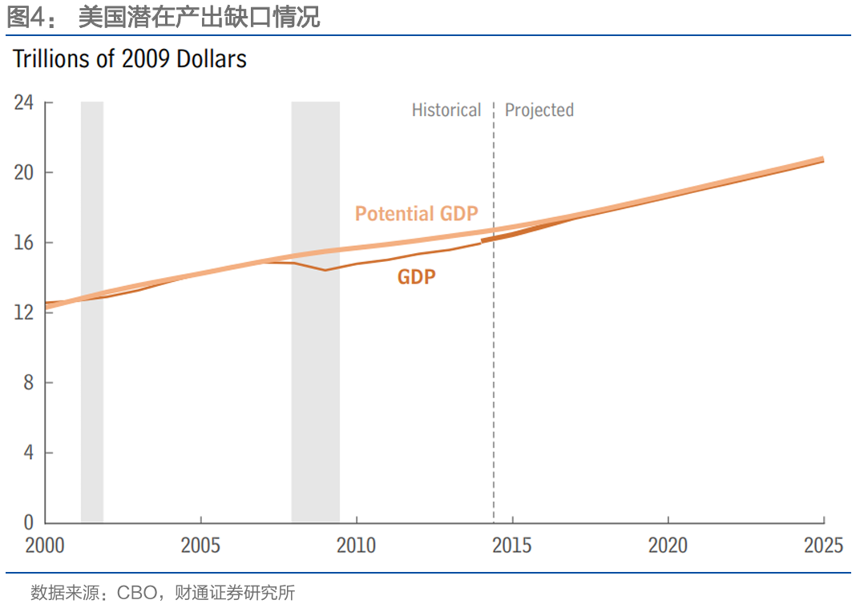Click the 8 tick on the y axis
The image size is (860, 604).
28,383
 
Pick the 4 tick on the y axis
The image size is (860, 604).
28,453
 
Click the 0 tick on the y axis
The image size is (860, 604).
28,522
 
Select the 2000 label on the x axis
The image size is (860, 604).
45,546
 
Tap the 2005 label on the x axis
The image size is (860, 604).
200,546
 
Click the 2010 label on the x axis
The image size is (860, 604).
356,546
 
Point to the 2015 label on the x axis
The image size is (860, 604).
511,546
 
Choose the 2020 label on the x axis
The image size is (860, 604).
668,546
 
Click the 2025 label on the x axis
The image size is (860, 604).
823,546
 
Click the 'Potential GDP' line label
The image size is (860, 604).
416,214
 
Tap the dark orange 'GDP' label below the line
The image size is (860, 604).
417,277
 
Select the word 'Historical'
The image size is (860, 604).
446,111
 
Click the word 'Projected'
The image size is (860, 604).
539,111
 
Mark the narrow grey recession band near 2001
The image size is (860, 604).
92,312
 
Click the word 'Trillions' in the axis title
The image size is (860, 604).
51,59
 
